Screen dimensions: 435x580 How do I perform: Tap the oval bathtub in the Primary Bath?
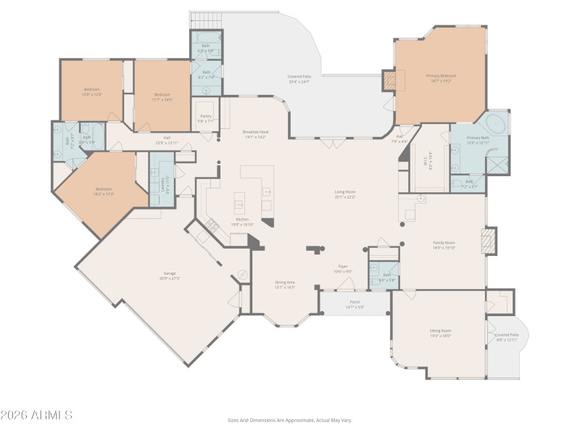click(495, 121)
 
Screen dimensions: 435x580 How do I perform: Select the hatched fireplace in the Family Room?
click(491, 241)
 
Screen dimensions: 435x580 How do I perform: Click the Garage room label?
click(169, 276)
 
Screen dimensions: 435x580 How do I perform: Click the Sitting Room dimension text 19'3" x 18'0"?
click(440, 335)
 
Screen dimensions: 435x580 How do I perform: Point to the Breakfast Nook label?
click(256, 132)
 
